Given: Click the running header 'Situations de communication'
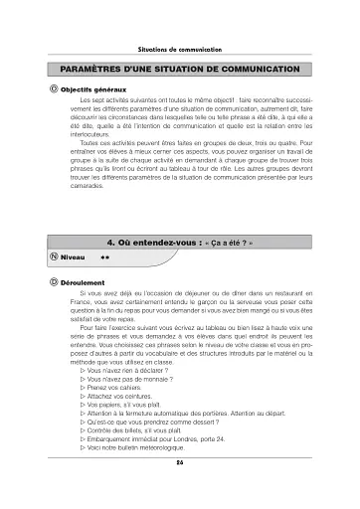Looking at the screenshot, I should (x=180, y=50).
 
